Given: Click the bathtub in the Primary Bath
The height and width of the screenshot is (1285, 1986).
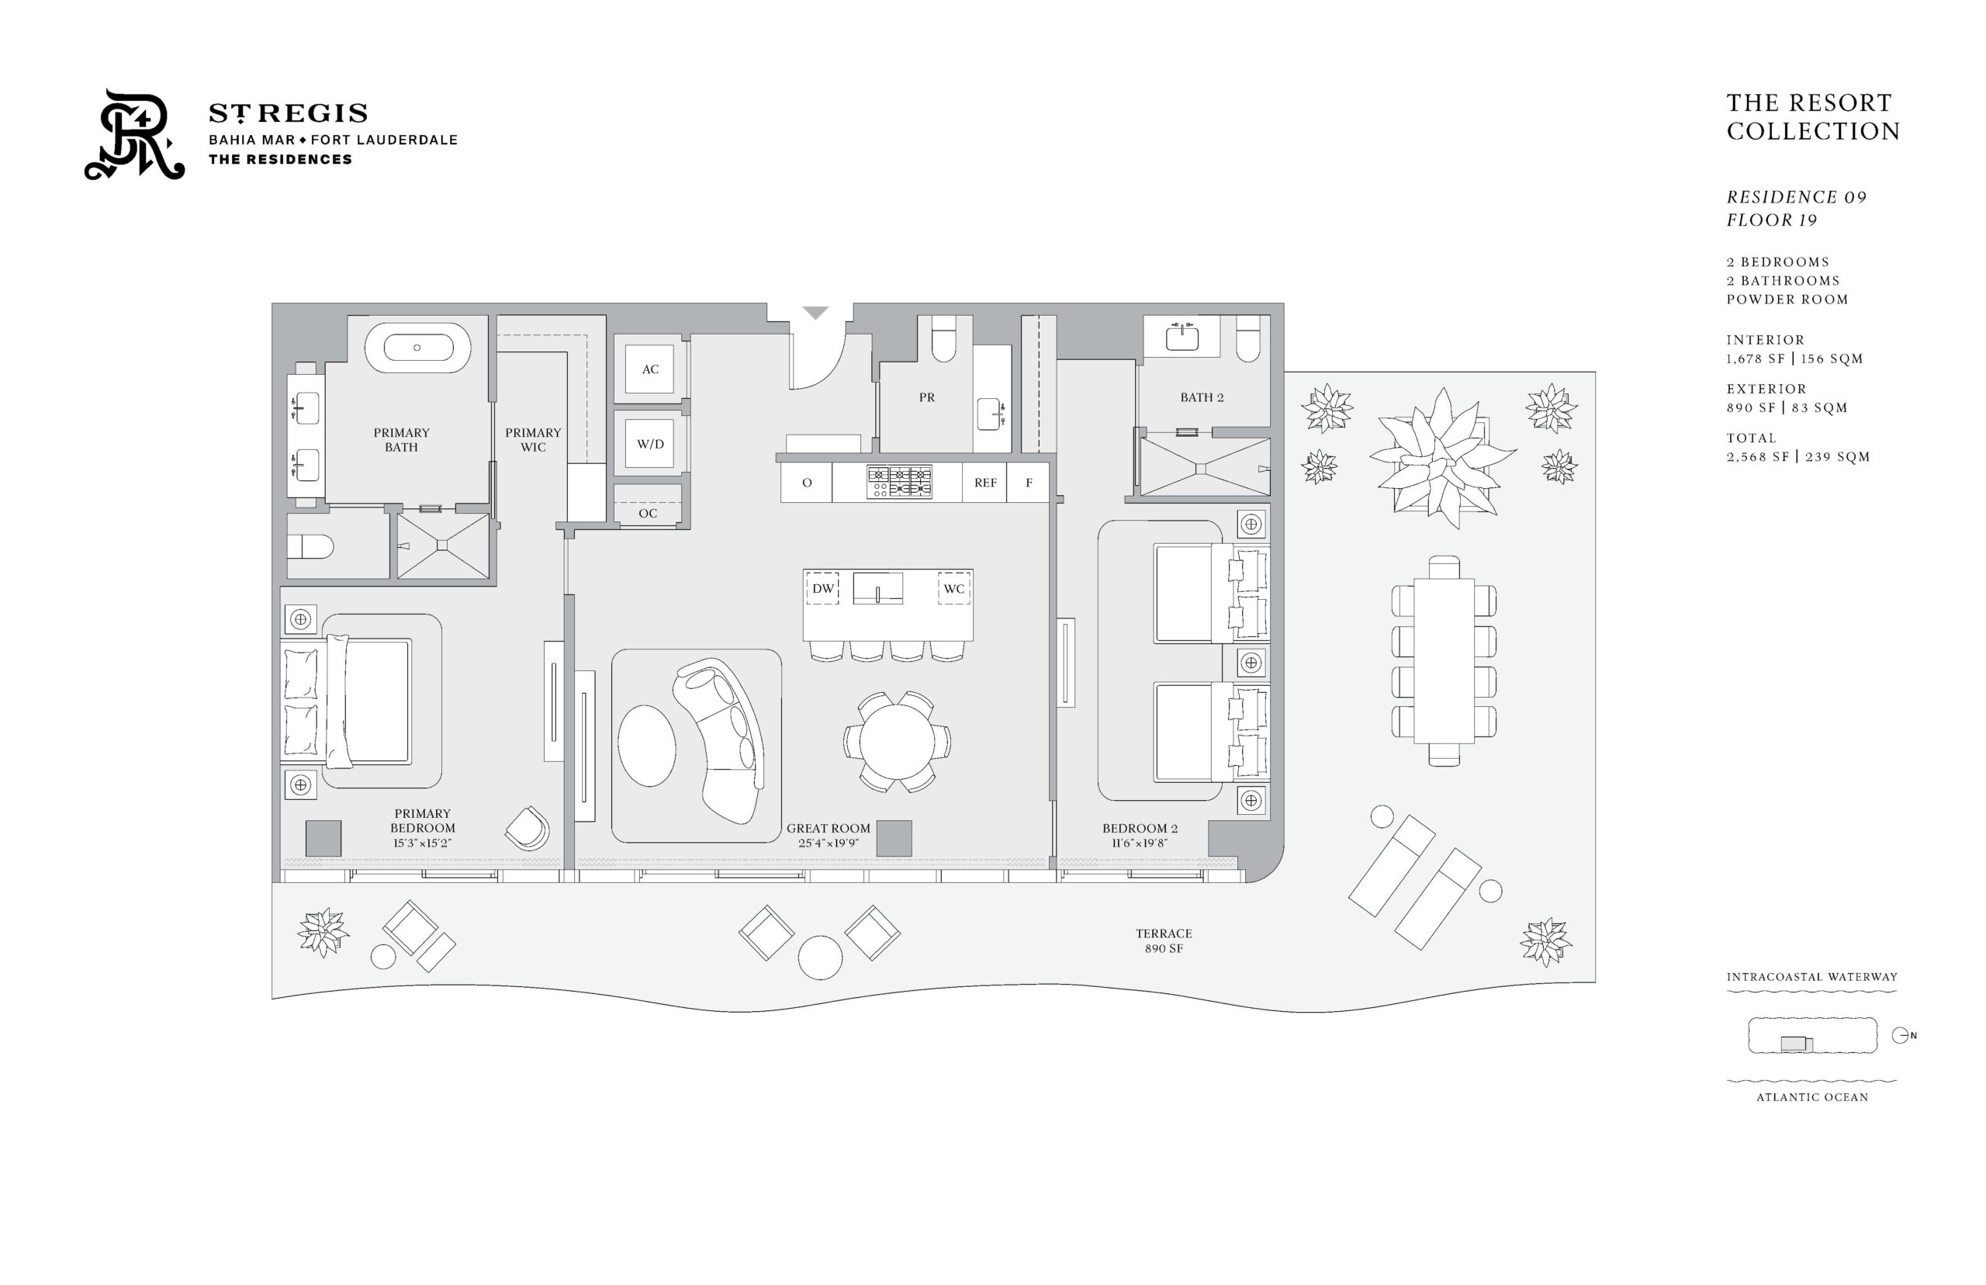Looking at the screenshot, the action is [417, 347].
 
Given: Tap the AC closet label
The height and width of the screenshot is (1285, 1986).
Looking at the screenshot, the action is [650, 369].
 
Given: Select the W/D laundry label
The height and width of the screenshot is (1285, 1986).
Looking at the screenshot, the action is [650, 444].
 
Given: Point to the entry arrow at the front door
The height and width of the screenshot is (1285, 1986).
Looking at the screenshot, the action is [815, 312].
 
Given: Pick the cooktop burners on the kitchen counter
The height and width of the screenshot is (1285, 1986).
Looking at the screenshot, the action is [899, 481].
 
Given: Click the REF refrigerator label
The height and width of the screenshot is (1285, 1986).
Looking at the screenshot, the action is [985, 483].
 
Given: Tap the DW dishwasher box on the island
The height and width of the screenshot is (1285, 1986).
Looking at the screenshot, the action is [822, 588].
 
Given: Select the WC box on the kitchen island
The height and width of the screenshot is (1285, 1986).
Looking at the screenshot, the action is [953, 588].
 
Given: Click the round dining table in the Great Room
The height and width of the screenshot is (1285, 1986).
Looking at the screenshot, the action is [897, 741].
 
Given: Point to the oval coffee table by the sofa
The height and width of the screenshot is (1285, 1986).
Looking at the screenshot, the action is [646, 745].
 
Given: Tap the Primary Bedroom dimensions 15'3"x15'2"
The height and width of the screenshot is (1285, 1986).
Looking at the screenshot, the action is [422, 843].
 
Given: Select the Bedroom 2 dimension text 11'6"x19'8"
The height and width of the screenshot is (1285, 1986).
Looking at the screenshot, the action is [1140, 843].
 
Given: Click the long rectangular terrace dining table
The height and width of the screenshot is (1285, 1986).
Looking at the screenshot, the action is [1443, 660].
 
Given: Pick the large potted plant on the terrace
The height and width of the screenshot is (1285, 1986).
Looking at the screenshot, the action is [1442, 456].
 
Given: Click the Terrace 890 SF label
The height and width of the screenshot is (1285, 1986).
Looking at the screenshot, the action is [1164, 940].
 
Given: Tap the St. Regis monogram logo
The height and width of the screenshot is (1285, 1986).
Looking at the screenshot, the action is [134, 134].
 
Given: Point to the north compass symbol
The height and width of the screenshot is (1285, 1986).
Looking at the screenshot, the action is [1901, 1035].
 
